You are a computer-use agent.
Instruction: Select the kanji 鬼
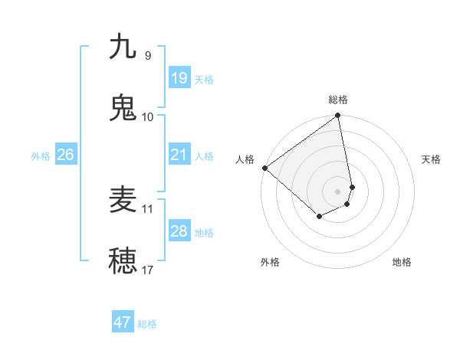coord(123,107)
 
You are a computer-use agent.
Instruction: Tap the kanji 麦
coord(123,200)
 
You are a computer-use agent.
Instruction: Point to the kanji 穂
coord(123,260)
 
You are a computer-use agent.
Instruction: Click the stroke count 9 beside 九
coord(148,55)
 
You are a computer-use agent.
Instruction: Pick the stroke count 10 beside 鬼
coord(148,116)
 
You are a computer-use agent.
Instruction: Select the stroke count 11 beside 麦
coord(148,208)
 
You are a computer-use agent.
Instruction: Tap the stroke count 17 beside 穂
coord(148,270)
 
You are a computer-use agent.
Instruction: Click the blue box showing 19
coord(179,78)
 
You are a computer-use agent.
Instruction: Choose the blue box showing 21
coord(179,155)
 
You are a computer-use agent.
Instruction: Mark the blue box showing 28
coord(179,231)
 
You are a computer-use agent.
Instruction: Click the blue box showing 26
coord(65,155)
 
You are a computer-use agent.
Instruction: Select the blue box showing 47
coord(123,322)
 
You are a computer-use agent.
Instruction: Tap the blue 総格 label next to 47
coord(147,324)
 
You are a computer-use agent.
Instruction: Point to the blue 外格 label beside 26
coord(41,156)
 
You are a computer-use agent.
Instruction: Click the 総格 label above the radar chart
coord(338,100)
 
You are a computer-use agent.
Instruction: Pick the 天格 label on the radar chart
coord(432,159)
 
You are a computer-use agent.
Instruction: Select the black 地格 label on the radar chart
coord(402,262)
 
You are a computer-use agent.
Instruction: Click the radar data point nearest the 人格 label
coord(264,168)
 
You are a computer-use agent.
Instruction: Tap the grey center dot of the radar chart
coord(338,191)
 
